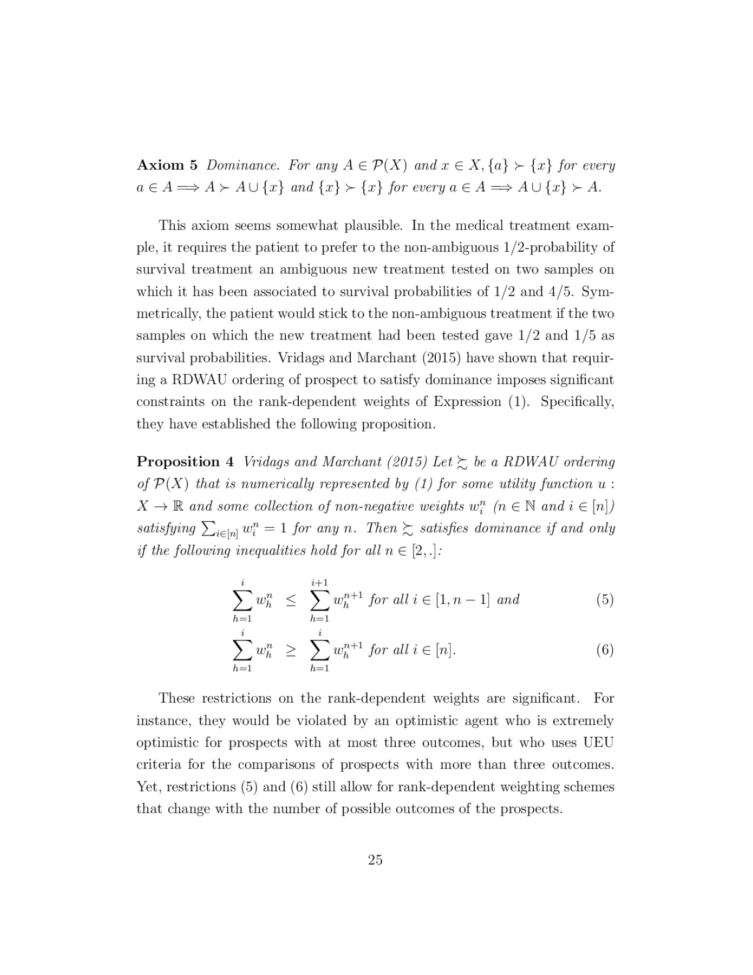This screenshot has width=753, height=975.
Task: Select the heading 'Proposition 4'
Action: pos(185,461)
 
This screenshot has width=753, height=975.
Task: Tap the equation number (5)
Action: pos(605,600)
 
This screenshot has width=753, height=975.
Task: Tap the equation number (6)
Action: pos(605,649)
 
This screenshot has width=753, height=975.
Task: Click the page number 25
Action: pos(375,860)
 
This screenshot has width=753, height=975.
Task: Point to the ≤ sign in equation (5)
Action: pos(291,600)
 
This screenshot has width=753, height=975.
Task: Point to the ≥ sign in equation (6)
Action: pos(291,650)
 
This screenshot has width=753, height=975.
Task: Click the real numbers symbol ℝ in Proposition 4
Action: pos(177,506)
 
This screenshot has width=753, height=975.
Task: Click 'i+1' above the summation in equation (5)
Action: pos(320,582)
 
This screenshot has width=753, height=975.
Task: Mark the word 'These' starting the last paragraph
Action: pos(176,698)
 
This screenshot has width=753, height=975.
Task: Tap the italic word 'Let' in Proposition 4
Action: pos(442,462)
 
